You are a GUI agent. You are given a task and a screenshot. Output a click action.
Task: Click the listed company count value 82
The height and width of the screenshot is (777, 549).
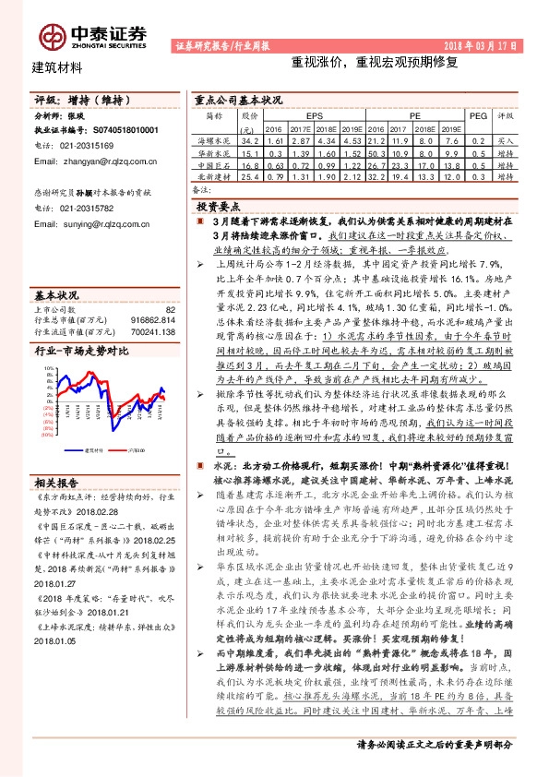(x=169, y=310)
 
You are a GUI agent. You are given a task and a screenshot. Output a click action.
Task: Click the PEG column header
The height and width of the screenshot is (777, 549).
(x=477, y=117)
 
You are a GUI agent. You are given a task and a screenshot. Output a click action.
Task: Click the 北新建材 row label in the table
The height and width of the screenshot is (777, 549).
(x=213, y=174)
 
